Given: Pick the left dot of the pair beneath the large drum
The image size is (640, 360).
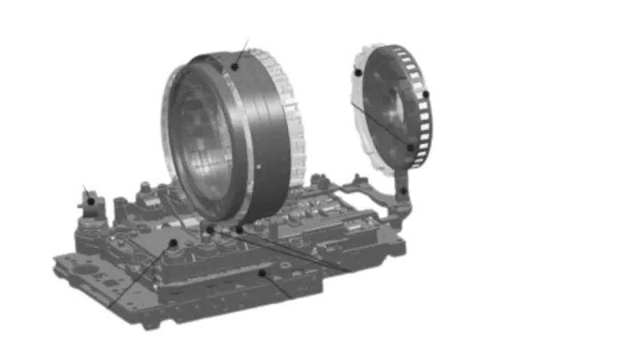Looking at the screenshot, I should (x=210, y=230).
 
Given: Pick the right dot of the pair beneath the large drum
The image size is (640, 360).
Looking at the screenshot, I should (x=238, y=230).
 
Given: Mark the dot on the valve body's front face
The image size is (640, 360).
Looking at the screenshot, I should (x=262, y=274).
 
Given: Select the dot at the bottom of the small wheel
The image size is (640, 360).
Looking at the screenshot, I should (x=411, y=148).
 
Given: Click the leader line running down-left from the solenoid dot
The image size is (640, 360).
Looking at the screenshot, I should (x=138, y=276).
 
